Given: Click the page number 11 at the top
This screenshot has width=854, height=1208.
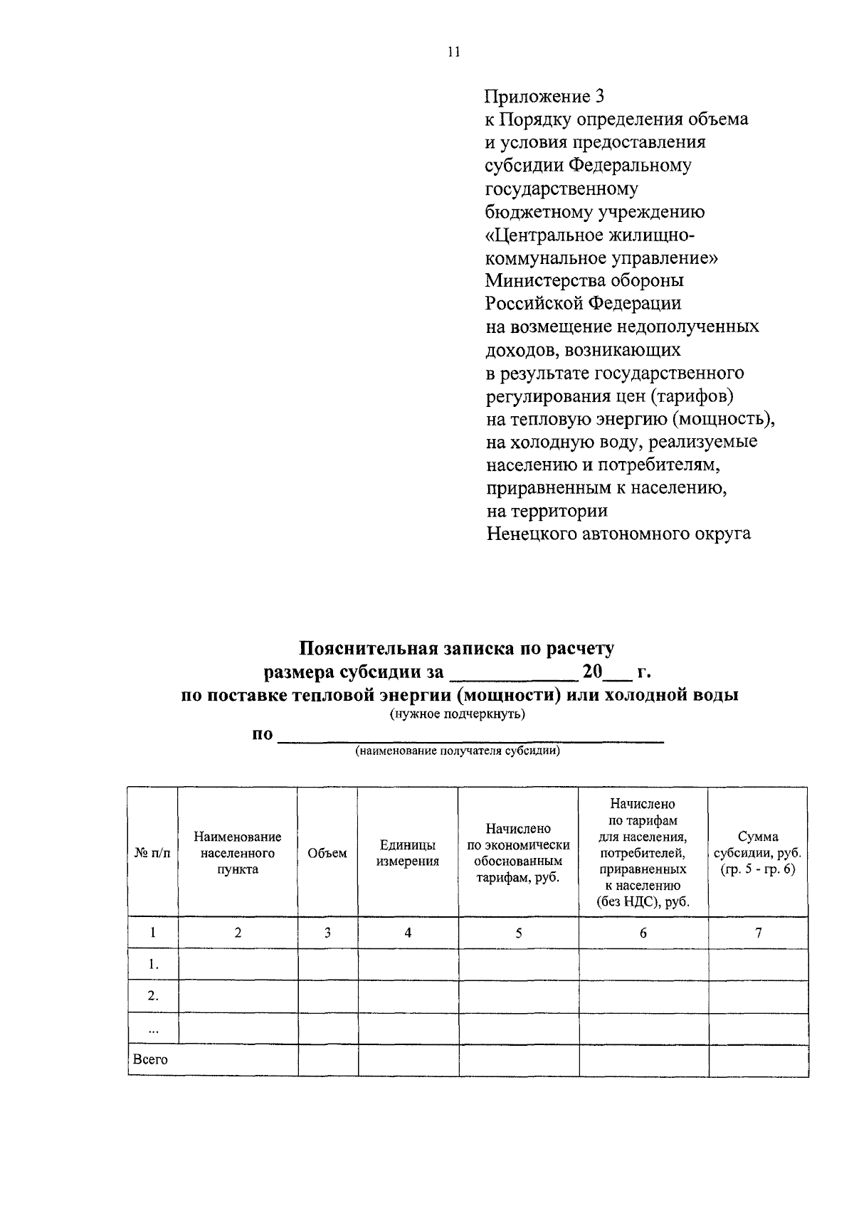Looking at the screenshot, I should (454, 52).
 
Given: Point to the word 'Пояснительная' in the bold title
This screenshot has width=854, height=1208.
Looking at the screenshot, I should (369, 649).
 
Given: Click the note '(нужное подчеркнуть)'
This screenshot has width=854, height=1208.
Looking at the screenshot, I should (457, 714).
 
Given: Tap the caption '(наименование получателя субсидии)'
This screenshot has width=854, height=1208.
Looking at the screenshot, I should (458, 751).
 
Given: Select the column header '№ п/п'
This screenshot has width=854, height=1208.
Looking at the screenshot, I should (152, 853).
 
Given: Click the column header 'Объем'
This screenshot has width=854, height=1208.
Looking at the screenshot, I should (327, 853).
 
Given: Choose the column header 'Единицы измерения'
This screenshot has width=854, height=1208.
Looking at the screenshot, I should (408, 853).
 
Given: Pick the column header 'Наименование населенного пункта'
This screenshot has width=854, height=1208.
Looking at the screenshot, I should (238, 853).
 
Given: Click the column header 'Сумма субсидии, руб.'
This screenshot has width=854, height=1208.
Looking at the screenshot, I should (758, 853).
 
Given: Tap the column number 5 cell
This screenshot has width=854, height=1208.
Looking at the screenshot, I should (519, 933).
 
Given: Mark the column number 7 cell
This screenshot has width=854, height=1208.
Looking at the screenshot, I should (759, 933).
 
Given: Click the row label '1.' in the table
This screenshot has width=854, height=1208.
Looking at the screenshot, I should (152, 965).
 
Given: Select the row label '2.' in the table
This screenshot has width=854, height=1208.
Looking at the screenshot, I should (152, 996).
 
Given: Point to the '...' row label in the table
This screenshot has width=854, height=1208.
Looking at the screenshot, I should (152, 1029).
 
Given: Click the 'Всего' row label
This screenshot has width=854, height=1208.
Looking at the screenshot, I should (151, 1060).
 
